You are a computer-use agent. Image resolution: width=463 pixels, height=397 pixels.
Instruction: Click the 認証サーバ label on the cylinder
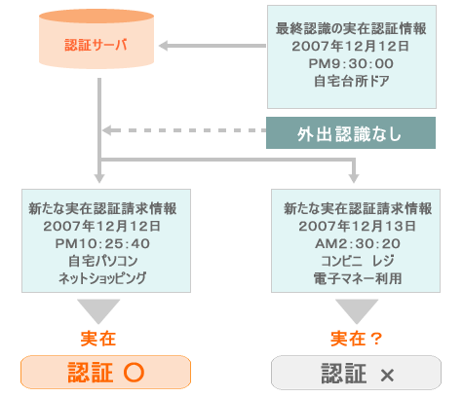point(96,45)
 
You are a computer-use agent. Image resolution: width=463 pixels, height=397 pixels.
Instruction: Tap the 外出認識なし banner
point(351,133)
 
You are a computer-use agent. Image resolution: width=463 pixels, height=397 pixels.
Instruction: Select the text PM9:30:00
point(351,63)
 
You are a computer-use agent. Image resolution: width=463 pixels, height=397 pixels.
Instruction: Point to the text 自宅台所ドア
point(351,81)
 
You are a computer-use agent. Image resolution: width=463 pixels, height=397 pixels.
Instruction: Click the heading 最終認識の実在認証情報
point(351,28)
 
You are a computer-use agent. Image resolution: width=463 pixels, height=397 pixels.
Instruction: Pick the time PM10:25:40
point(102,243)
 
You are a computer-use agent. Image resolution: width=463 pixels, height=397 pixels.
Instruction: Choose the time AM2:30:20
point(358,243)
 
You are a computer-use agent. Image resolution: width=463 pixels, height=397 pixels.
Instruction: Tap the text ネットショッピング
point(102,278)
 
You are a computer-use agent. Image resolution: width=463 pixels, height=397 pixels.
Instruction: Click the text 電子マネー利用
point(358,278)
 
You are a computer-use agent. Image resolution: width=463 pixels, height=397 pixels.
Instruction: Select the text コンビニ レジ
point(358,261)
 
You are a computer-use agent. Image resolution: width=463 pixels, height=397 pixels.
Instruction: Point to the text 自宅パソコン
point(102,261)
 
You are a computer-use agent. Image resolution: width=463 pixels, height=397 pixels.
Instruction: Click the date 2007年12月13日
point(358,226)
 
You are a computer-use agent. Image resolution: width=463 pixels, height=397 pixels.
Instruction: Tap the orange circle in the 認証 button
point(134,372)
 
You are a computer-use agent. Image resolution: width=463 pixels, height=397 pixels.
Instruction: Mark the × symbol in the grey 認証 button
point(387,376)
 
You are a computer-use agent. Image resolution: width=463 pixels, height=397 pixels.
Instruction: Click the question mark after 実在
point(375,339)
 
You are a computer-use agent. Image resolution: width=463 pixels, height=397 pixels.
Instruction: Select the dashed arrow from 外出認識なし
point(184,130)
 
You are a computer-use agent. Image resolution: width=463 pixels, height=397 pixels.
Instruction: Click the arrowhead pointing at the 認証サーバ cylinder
point(163,46)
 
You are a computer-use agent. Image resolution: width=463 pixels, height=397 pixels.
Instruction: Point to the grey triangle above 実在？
point(357,310)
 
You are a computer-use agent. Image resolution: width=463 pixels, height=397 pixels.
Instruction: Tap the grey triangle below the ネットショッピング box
point(98,310)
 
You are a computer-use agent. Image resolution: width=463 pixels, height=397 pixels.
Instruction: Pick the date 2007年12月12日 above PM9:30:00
point(350,46)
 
